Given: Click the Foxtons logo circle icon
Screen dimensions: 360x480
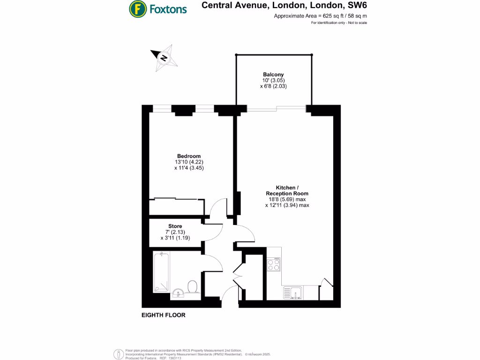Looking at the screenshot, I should coord(137,8).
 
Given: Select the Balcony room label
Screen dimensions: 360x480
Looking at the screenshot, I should coord(273,75).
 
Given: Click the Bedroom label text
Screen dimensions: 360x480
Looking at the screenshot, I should coord(189,156).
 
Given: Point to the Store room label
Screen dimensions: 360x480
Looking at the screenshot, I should coord(175,226).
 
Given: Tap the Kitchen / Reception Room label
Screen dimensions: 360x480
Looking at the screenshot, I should coord(287,190).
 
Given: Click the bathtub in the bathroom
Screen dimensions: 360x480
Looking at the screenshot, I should coord(161,272).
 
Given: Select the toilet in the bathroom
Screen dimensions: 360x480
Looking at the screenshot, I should coord(192,286).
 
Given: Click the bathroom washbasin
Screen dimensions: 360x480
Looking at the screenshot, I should coord(178,293).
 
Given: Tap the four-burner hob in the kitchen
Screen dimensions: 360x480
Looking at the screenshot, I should coord(274,265).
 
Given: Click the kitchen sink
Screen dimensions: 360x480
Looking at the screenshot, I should coord(292,293).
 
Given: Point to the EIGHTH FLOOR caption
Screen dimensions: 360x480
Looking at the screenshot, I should coord(164,315).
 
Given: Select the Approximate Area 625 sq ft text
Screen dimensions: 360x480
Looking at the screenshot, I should coord(320,16).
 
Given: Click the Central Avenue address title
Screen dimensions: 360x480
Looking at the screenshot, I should coord(284,6).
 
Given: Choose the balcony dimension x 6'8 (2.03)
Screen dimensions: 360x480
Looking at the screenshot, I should coord(273,86).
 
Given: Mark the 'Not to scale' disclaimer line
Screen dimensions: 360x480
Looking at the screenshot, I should coord(339,23).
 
